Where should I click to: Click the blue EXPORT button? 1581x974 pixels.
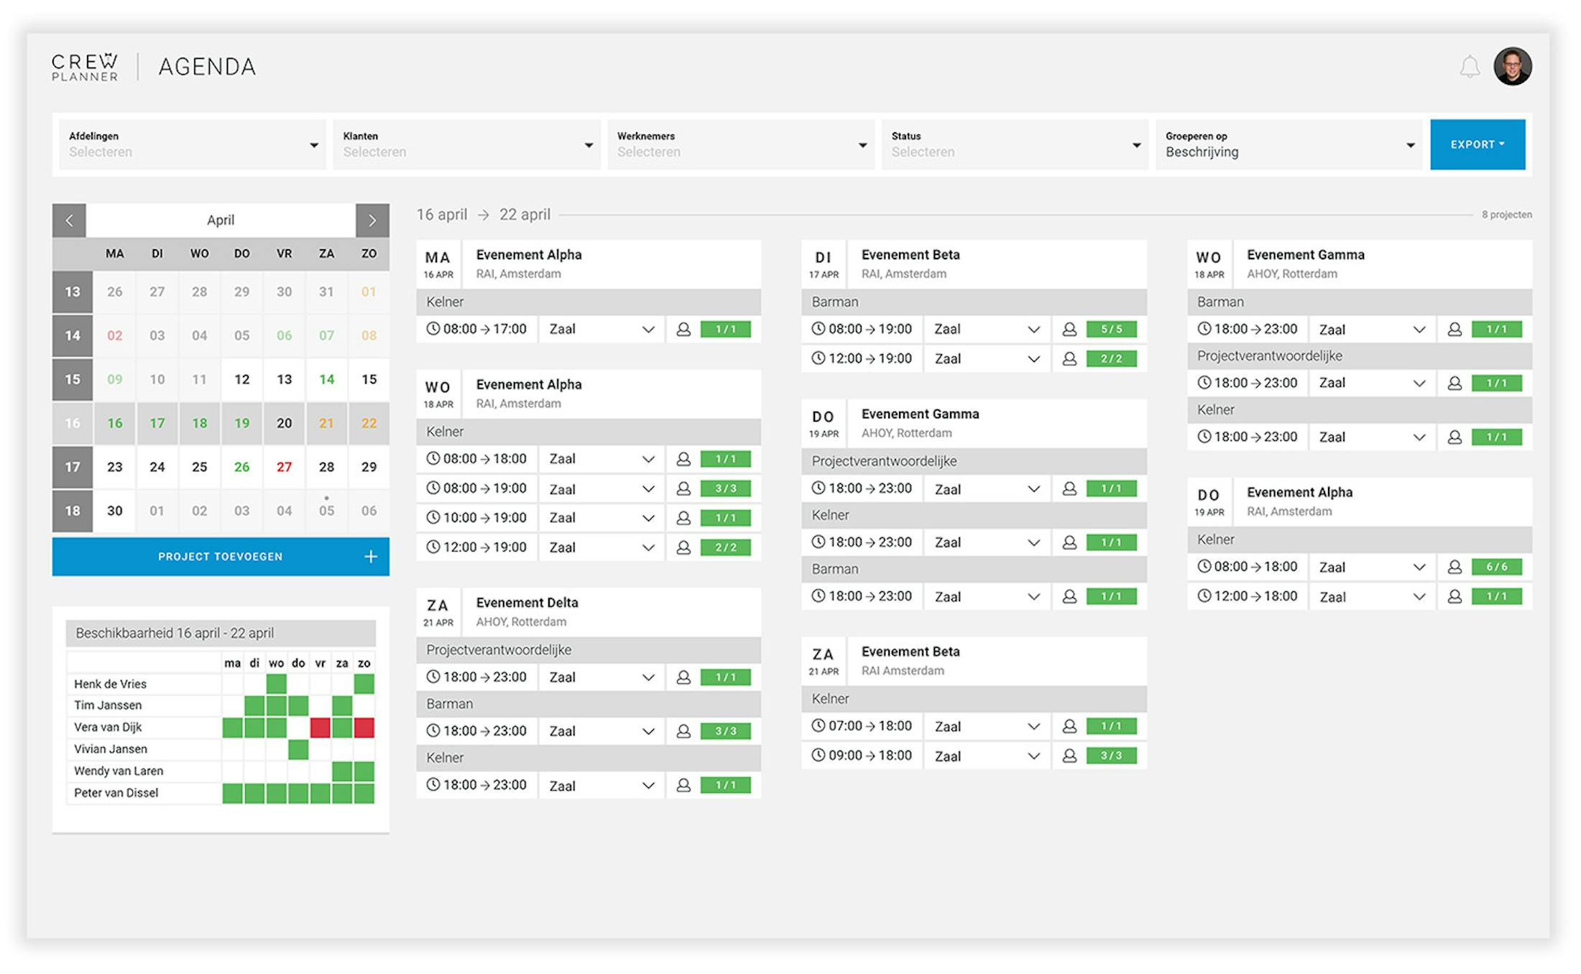click(x=1477, y=144)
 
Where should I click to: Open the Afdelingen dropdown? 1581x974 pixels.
click(x=192, y=144)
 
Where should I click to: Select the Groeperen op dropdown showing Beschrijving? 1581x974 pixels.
click(x=1289, y=144)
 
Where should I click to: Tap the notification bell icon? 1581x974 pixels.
click(x=1470, y=67)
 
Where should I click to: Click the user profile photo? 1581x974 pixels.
click(x=1513, y=67)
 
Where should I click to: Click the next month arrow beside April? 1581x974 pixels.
click(x=372, y=221)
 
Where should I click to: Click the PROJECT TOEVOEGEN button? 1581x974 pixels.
click(x=221, y=557)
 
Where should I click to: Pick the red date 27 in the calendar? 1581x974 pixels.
click(x=285, y=467)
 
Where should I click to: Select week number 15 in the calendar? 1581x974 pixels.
click(x=73, y=379)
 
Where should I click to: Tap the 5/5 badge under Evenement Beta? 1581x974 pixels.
click(x=1111, y=329)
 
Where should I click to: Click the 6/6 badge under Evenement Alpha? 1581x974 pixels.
click(x=1496, y=567)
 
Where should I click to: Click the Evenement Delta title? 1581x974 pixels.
click(x=527, y=603)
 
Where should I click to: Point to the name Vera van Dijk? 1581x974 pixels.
click(x=108, y=727)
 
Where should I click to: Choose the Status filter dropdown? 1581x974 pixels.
click(x=1015, y=144)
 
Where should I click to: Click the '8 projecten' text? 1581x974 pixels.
click(x=1506, y=215)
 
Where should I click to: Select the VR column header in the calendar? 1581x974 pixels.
click(x=285, y=254)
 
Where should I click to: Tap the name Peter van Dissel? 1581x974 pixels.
click(x=116, y=793)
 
